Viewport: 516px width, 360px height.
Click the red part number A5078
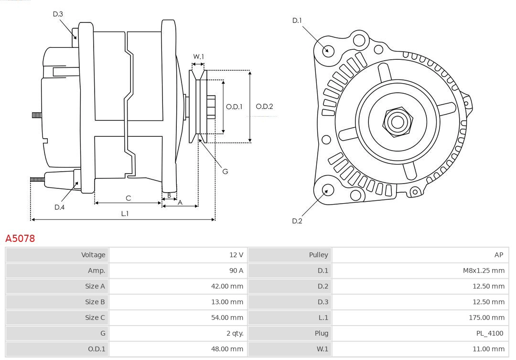[20, 238]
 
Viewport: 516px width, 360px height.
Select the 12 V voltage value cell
[236, 255]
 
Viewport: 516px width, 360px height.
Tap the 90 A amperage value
[236, 271]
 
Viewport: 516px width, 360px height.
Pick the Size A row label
[95, 286]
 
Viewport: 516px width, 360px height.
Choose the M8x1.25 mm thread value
[483, 271]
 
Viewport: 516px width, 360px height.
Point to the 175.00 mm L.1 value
[486, 317]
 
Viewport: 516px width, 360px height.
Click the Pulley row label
[318, 255]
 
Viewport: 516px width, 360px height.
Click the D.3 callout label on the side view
[58, 14]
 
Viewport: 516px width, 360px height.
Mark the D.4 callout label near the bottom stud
[59, 207]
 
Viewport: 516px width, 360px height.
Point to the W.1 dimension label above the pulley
[198, 56]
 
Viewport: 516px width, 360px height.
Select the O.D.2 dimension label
[264, 107]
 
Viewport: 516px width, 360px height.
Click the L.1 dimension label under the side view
[124, 214]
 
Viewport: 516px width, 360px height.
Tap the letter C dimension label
[128, 198]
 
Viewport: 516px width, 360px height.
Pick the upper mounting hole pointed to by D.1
[328, 50]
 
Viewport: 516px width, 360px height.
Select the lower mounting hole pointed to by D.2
[327, 190]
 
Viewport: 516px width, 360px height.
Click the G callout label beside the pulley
[225, 171]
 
